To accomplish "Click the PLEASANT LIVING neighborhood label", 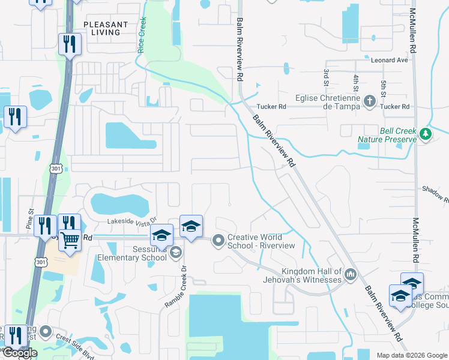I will tap(106, 28).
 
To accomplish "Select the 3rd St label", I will tap(326, 76).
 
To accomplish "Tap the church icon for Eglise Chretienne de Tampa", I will tap(370, 102).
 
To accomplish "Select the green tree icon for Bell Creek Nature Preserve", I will tap(426, 133).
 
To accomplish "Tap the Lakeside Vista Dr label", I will tap(131, 221).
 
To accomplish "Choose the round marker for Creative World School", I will tap(218, 241).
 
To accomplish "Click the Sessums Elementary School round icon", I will tap(175, 251).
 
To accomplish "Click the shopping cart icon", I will tap(70, 240).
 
